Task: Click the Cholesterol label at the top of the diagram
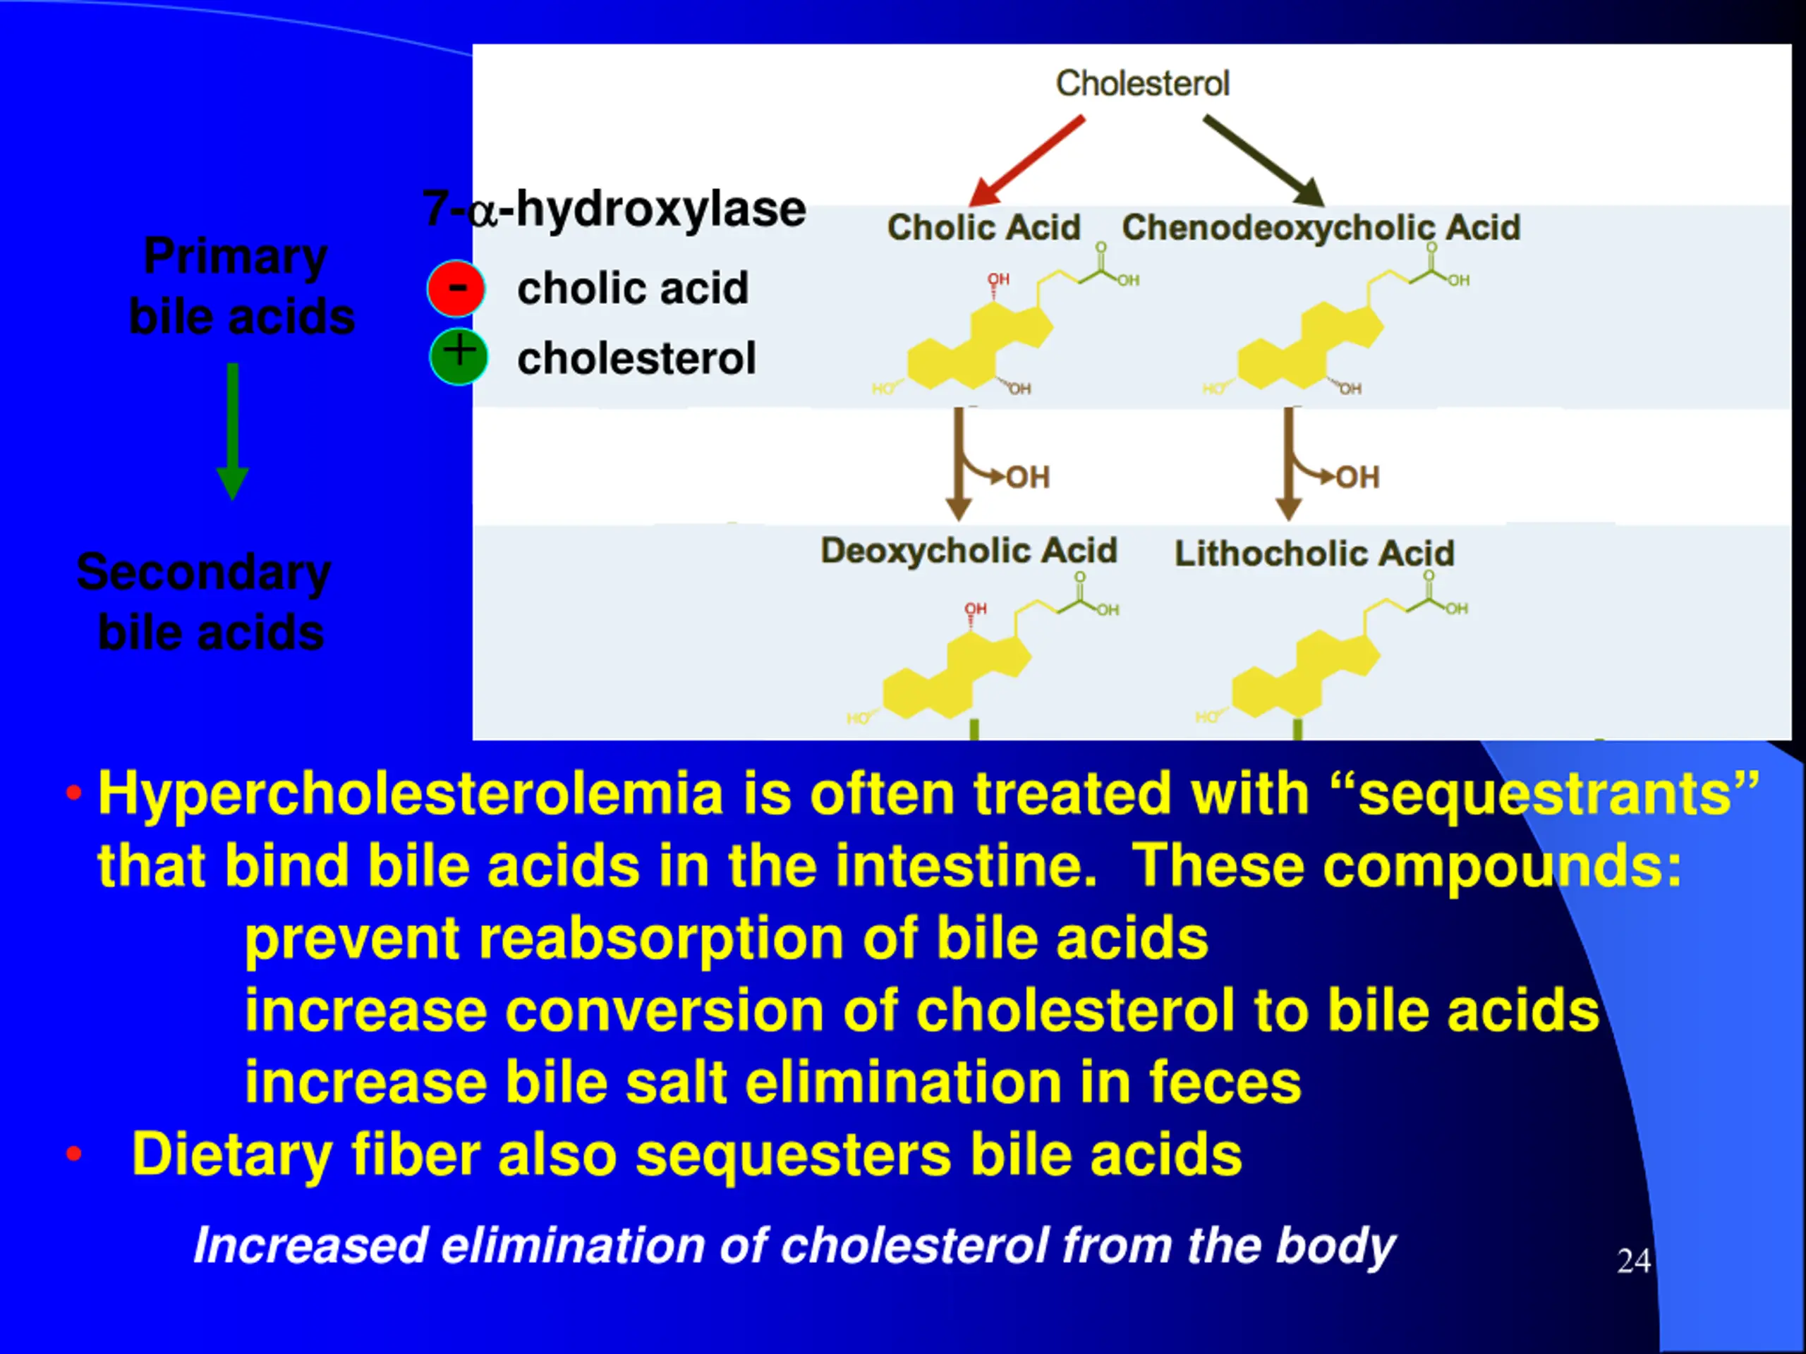click(x=1142, y=83)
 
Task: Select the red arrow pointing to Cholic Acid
click(x=1028, y=161)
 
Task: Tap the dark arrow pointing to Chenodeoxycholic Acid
click(x=1262, y=159)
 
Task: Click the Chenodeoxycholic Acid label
click(x=1320, y=228)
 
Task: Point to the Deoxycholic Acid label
click(x=969, y=551)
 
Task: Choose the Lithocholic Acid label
click(x=1314, y=554)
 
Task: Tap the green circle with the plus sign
click(x=459, y=357)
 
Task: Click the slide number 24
click(x=1634, y=1261)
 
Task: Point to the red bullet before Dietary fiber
click(x=74, y=1154)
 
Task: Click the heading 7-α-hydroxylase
click(x=614, y=209)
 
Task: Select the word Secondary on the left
click(x=203, y=572)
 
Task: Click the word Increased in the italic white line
click(x=310, y=1246)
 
